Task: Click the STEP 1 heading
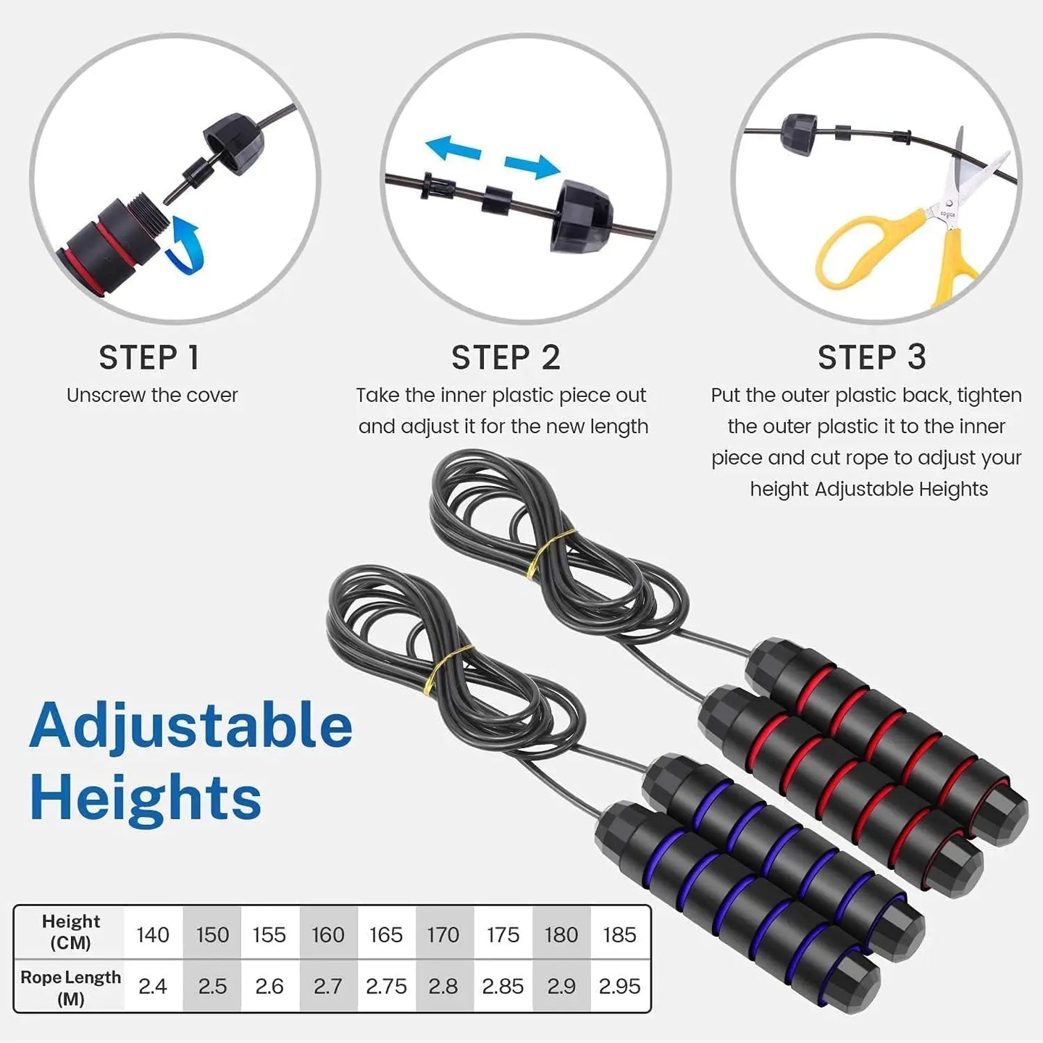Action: click(x=149, y=358)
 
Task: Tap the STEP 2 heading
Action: click(x=506, y=358)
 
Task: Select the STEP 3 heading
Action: click(x=871, y=358)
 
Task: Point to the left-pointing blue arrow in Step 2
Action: click(x=453, y=148)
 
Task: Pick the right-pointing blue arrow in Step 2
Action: click(x=532, y=166)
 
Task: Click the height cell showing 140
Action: click(x=153, y=934)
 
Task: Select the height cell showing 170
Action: click(x=443, y=934)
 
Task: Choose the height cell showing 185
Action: click(x=619, y=934)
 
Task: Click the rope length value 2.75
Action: click(x=386, y=986)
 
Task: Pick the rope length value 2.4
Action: click(x=153, y=986)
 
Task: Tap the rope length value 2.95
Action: click(x=619, y=986)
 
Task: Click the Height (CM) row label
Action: click(x=70, y=931)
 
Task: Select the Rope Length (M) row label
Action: click(x=70, y=987)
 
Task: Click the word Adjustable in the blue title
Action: click(x=191, y=726)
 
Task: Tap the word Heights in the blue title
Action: click(x=146, y=797)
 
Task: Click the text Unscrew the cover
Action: click(x=152, y=395)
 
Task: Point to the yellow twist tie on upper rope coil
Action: click(x=550, y=552)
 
